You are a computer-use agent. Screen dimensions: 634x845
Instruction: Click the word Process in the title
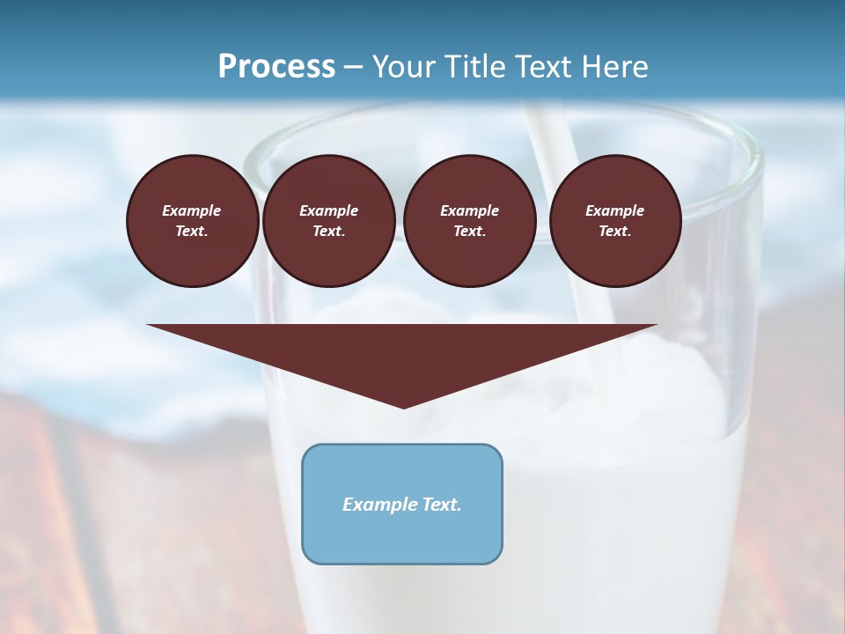(276, 67)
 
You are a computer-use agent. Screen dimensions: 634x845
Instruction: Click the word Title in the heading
(475, 67)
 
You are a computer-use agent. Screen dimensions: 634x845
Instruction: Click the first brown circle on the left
(193, 221)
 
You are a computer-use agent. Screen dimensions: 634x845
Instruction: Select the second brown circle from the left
(329, 221)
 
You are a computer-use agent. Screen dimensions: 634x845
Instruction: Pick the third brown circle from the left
(470, 221)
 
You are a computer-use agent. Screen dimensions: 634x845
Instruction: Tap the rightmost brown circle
(615, 221)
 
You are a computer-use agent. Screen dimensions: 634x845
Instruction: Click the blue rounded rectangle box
(402, 504)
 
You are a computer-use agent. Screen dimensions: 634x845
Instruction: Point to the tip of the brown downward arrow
(403, 406)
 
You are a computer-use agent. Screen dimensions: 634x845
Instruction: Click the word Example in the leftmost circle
(192, 210)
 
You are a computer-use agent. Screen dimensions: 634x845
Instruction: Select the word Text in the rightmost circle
(614, 232)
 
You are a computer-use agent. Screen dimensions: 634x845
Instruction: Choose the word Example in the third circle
(470, 210)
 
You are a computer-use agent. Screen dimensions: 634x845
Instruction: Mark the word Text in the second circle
(328, 232)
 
